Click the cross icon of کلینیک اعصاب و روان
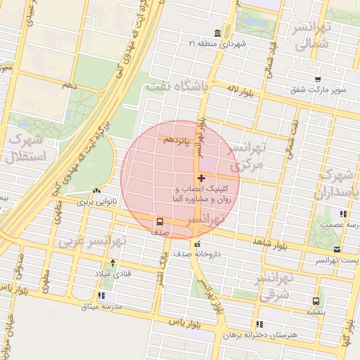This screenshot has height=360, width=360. click(202, 179)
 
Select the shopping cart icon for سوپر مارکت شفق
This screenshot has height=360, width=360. click(319, 79)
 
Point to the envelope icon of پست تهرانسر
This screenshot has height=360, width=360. click(337, 250)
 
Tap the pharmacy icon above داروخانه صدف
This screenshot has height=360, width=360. click(198, 243)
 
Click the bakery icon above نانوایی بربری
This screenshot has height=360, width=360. click(96, 191)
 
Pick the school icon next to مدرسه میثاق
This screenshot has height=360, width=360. click(102, 296)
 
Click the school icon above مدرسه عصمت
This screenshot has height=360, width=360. click(343, 214)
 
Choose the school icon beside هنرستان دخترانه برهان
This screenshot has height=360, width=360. click(259, 324)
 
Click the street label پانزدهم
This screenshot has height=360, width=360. click(176, 141)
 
